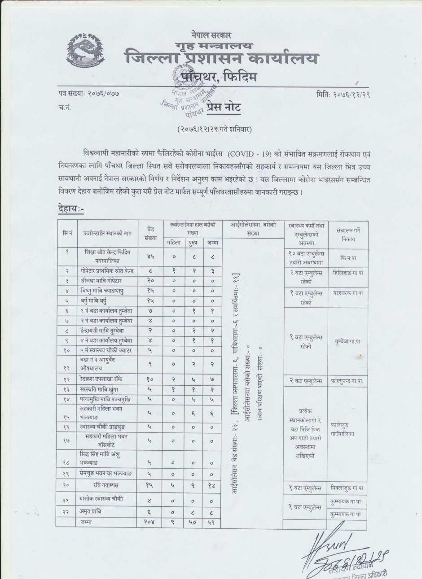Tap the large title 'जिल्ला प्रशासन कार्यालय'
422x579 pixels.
222,58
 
